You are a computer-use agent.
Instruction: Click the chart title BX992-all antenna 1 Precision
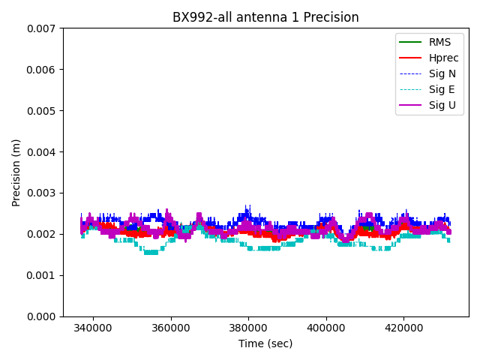pyautogui.click(x=265, y=17)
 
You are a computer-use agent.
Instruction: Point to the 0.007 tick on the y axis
pyautogui.click(x=42, y=28)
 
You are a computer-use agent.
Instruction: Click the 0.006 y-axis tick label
pyautogui.click(x=42, y=70)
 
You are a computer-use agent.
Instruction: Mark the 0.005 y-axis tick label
pyautogui.click(x=42, y=111)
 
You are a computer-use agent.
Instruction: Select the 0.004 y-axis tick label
pyautogui.click(x=42, y=152)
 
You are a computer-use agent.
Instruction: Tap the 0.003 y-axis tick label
pyautogui.click(x=42, y=193)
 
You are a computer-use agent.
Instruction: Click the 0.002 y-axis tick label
pyautogui.click(x=42, y=234)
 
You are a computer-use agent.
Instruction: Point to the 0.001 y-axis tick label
pyautogui.click(x=42, y=275)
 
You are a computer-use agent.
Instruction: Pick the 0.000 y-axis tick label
pyautogui.click(x=42, y=316)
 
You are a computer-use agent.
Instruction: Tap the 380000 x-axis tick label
pyautogui.click(x=248, y=328)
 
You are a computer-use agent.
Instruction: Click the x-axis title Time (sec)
pyautogui.click(x=265, y=343)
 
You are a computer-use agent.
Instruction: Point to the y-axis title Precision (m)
pyautogui.click(x=16, y=172)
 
